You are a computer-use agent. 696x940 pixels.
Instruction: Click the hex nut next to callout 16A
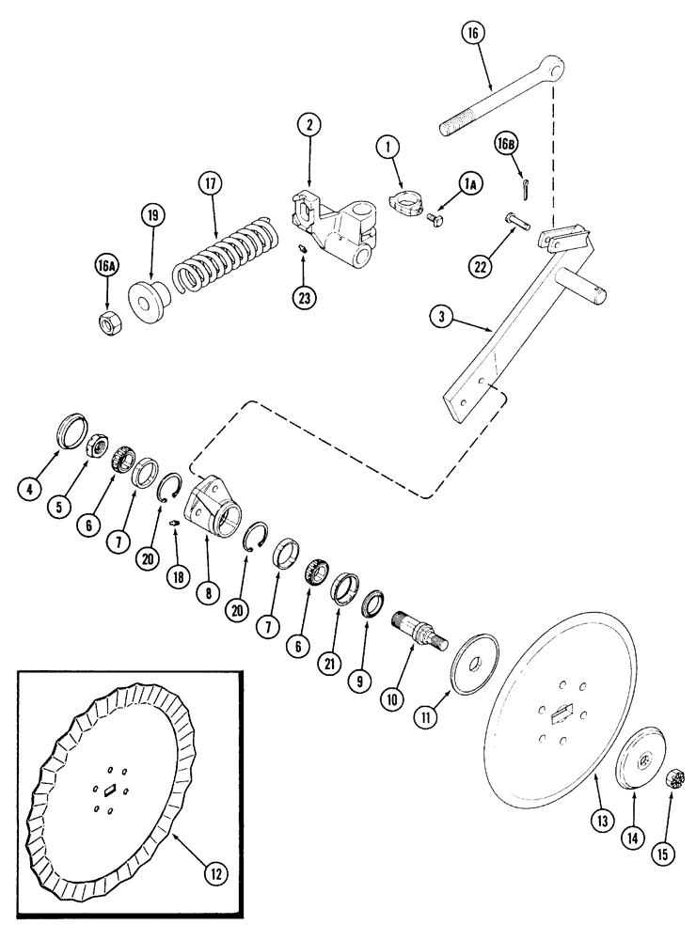(108, 320)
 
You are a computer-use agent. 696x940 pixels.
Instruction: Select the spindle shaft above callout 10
(417, 624)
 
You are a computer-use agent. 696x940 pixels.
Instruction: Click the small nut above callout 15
(673, 779)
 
